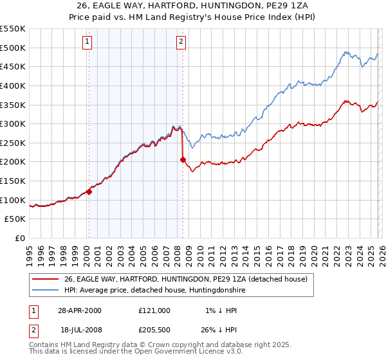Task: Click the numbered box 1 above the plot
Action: [87, 42]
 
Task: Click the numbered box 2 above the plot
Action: [181, 42]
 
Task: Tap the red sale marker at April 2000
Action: [89, 191]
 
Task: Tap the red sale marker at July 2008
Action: [183, 159]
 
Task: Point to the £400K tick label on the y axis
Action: [13, 85]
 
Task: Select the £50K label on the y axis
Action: [15, 219]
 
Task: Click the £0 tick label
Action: [20, 239]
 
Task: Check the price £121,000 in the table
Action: [154, 310]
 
